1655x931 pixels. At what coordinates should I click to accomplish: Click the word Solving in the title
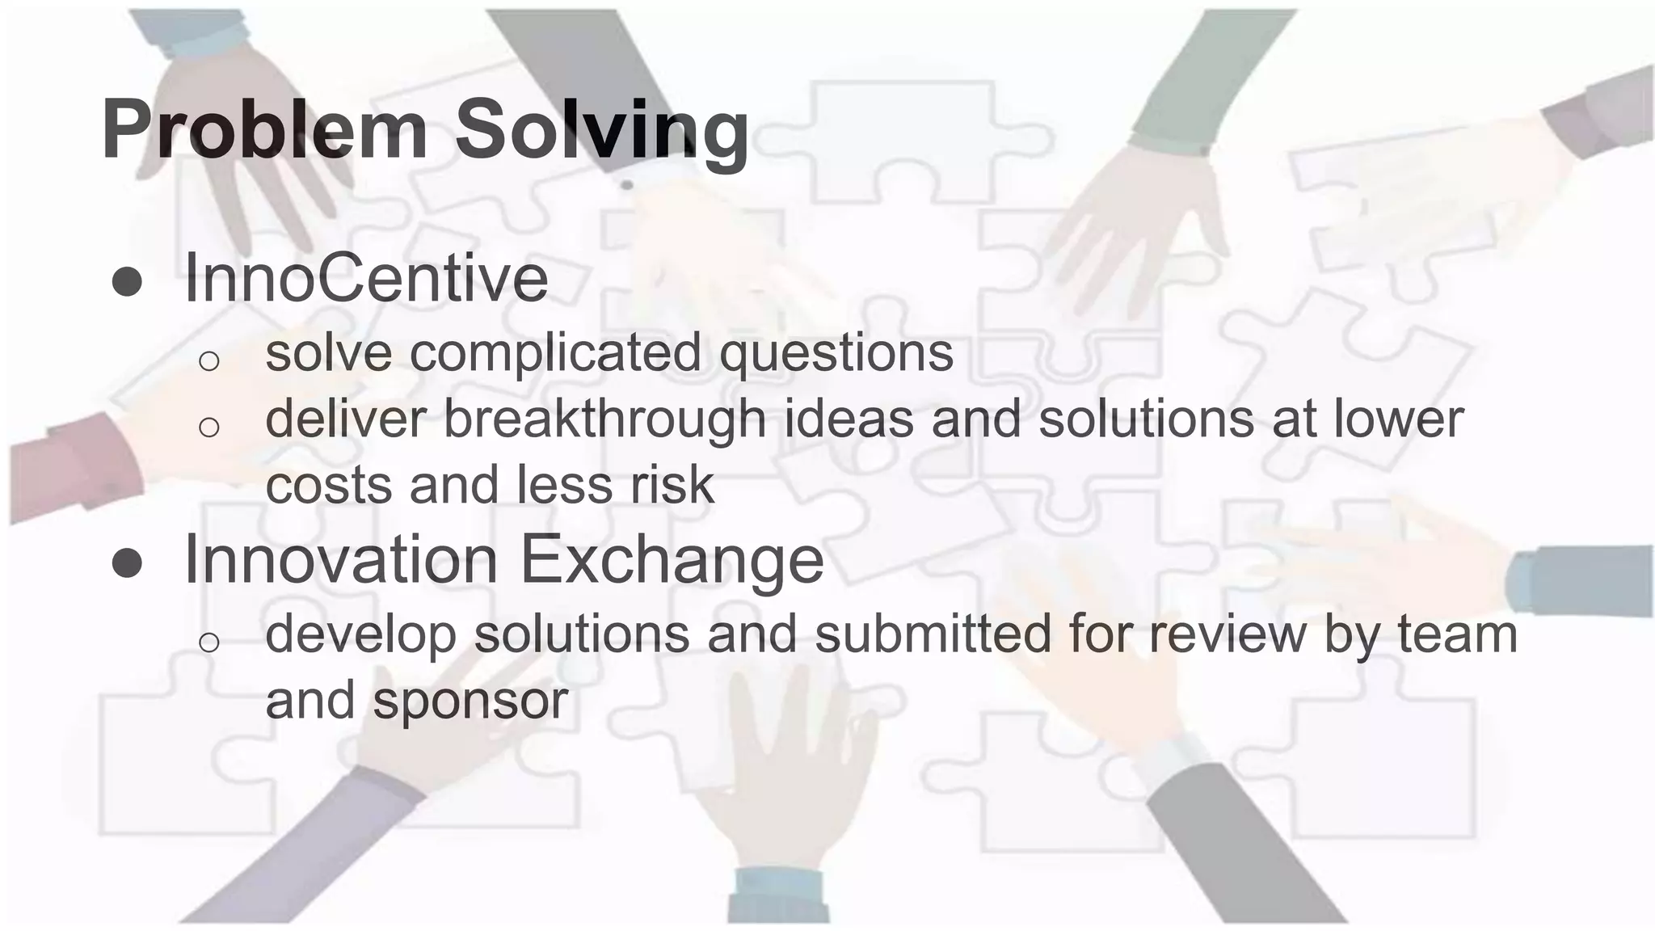point(602,129)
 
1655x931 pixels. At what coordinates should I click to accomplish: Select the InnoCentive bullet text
point(366,279)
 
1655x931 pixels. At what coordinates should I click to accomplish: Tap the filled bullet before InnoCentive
point(127,282)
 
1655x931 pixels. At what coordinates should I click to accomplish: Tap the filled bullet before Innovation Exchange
point(127,562)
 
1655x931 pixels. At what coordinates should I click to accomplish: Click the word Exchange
point(671,559)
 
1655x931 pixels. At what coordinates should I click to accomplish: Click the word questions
point(836,353)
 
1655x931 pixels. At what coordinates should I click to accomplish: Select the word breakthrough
point(604,419)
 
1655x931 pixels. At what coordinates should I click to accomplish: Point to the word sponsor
point(470,701)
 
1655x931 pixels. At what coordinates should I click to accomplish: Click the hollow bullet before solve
point(208,360)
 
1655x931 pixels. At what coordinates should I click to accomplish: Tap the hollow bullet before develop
point(208,642)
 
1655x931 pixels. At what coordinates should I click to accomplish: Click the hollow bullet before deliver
point(208,427)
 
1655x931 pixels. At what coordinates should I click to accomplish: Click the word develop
point(360,635)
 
